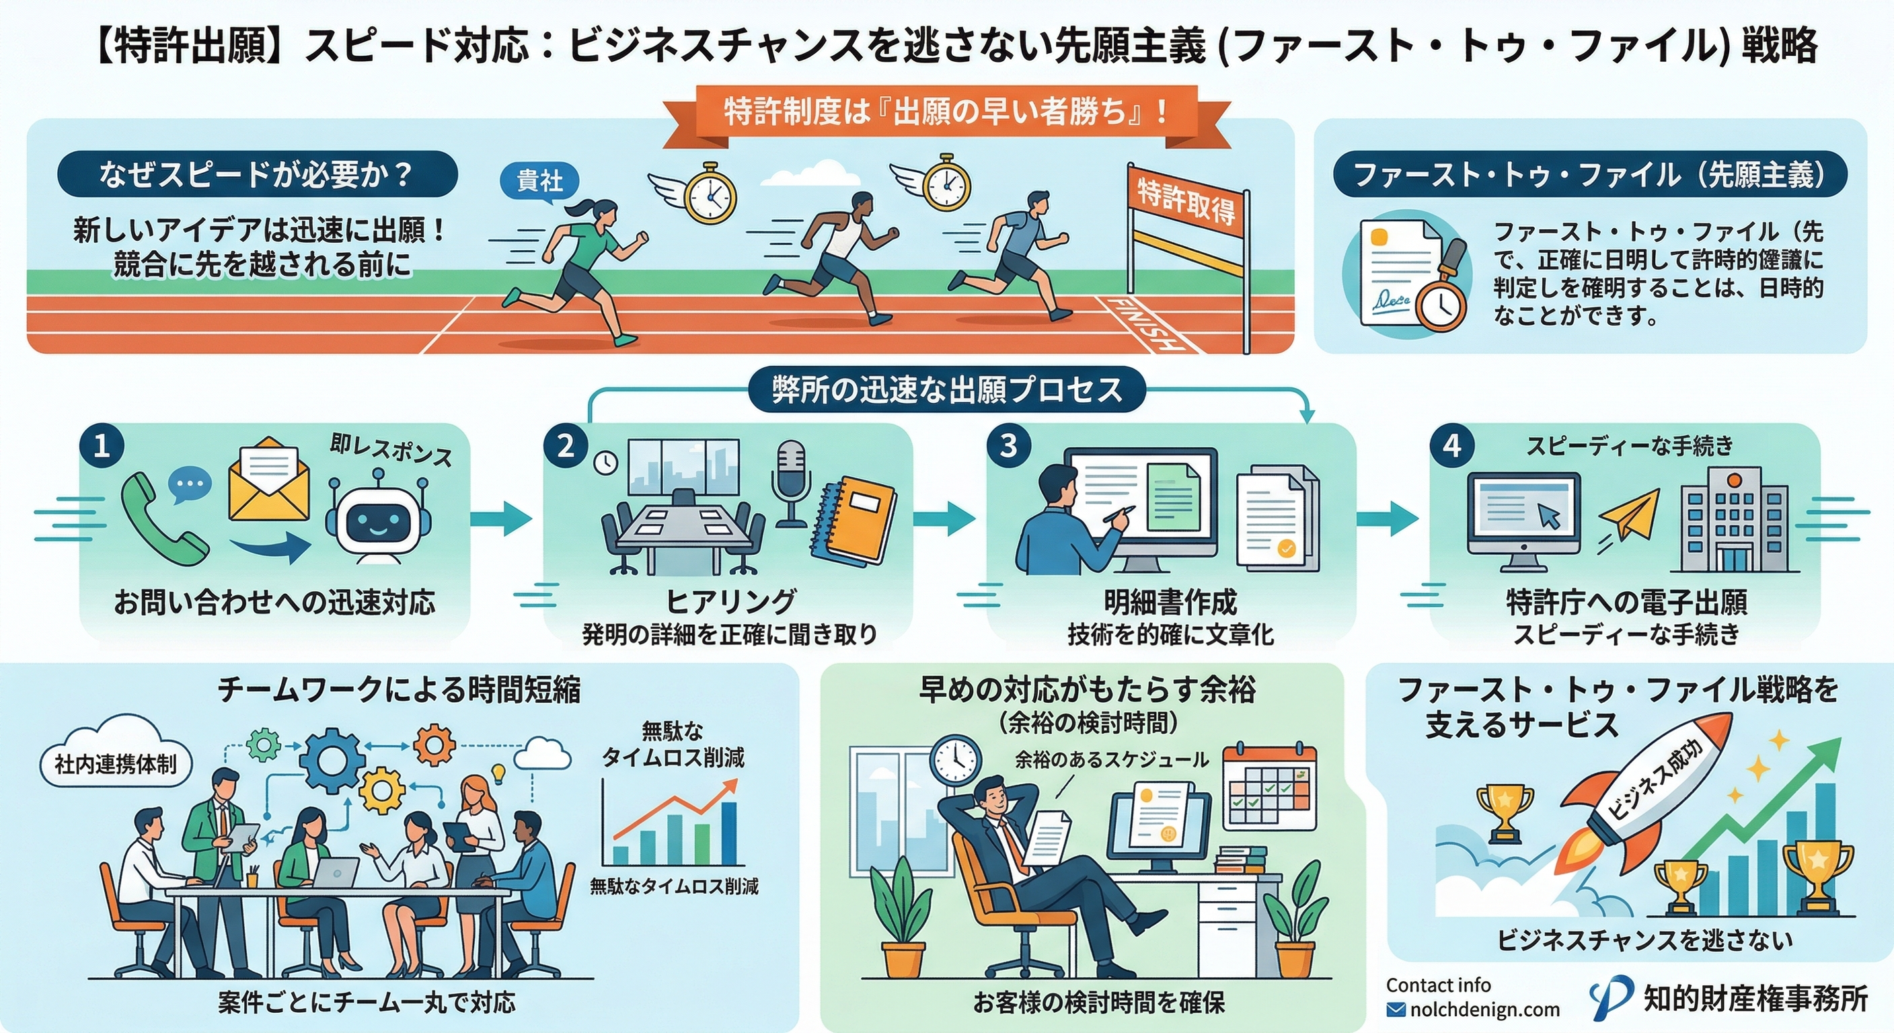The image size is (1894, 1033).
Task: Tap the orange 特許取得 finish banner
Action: click(x=1186, y=202)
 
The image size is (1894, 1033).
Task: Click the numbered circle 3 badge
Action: click(x=1009, y=446)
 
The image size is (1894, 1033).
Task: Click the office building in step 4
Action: click(x=1733, y=523)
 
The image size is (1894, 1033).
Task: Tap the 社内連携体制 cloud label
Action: click(x=116, y=765)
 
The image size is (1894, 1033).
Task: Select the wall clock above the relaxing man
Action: click(x=956, y=762)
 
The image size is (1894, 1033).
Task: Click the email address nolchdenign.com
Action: click(x=1484, y=1010)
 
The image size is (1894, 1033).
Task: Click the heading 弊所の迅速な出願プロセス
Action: click(x=947, y=389)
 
